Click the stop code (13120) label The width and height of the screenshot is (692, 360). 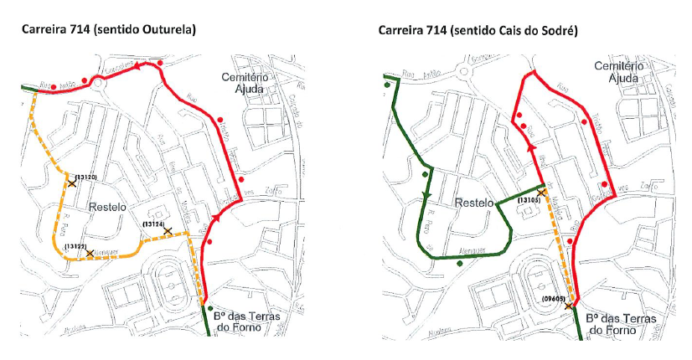tap(86, 177)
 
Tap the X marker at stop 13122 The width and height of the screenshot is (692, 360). tap(90, 252)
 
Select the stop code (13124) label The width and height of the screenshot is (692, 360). tap(152, 224)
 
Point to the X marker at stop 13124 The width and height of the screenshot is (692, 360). tap(168, 230)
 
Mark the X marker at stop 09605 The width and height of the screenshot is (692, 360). tap(569, 306)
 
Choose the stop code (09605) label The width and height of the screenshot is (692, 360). tap(554, 298)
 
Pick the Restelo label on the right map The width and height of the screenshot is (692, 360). tap(475, 203)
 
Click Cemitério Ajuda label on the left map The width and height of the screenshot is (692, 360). tap(243, 82)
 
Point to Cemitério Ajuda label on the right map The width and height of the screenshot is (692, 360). tap(617, 71)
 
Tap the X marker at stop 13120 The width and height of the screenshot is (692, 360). tap(71, 183)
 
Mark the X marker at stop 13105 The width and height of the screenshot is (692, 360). tap(541, 193)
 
